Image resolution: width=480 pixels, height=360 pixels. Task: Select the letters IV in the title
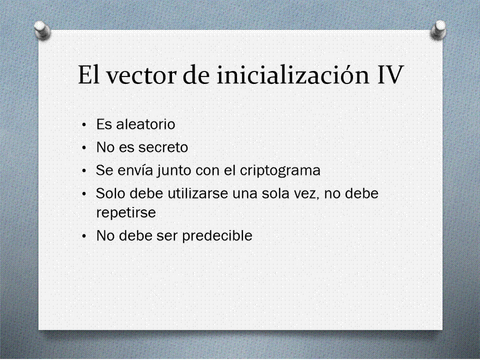click(389, 74)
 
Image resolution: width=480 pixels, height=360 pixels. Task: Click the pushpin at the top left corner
click(42, 30)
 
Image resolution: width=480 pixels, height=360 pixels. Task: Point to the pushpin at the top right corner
click(438, 29)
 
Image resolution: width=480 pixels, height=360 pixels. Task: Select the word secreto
click(164, 147)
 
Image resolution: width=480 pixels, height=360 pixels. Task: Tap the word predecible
click(217, 236)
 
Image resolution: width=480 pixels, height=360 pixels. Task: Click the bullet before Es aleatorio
click(84, 125)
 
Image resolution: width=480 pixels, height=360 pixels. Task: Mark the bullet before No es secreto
click(84, 148)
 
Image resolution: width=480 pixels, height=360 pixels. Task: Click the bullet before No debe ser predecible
click(84, 236)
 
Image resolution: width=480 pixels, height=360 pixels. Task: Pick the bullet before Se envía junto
click(84, 171)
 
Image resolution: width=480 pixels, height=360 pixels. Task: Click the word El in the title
click(89, 75)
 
